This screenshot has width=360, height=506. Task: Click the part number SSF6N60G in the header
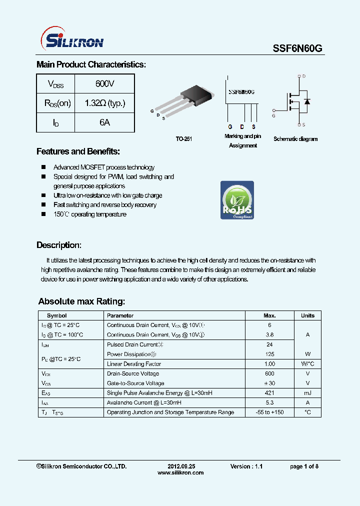[297, 48]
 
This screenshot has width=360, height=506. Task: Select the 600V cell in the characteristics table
[104, 83]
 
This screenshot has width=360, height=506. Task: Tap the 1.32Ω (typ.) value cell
[104, 103]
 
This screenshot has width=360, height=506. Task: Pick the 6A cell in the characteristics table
[104, 122]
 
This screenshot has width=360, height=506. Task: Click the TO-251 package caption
[183, 139]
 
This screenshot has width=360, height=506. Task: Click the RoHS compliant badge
[237, 200]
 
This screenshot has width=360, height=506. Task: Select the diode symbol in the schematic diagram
[307, 101]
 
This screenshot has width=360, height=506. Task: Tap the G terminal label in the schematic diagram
[273, 115]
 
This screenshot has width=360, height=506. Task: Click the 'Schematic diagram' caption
[295, 139]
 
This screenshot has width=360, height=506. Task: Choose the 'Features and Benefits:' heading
[78, 151]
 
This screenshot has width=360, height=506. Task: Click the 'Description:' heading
[58, 245]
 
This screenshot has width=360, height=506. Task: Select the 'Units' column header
[307, 315]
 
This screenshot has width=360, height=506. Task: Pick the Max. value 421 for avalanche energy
[269, 393]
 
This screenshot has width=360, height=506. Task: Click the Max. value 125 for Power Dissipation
[269, 354]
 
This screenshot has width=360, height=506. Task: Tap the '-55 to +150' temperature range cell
[269, 412]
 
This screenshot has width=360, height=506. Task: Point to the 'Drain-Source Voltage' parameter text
[133, 373]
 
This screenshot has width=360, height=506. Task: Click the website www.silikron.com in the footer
[180, 472]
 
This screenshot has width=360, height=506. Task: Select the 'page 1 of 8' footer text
[304, 466]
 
